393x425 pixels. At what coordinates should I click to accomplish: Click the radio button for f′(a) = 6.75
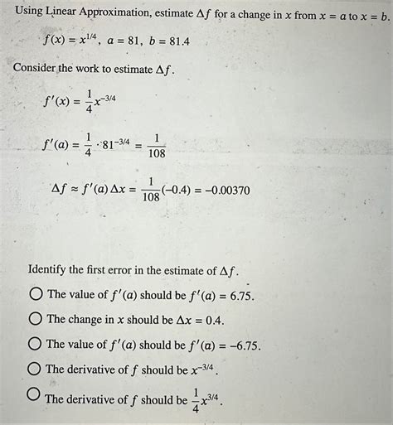[x=36, y=294]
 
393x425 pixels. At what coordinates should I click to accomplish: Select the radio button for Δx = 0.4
[x=36, y=319]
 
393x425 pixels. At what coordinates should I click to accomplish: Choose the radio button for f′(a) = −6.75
[x=36, y=344]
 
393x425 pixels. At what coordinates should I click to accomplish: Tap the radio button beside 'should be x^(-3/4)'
[x=36, y=369]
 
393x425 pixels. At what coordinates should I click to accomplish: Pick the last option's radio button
[x=34, y=395]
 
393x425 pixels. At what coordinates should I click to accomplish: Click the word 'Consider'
[x=36, y=66]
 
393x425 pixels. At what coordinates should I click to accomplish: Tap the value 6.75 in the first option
[x=238, y=295]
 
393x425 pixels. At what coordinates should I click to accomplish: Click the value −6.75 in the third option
[x=240, y=344]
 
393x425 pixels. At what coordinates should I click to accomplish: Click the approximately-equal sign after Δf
[x=74, y=191]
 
